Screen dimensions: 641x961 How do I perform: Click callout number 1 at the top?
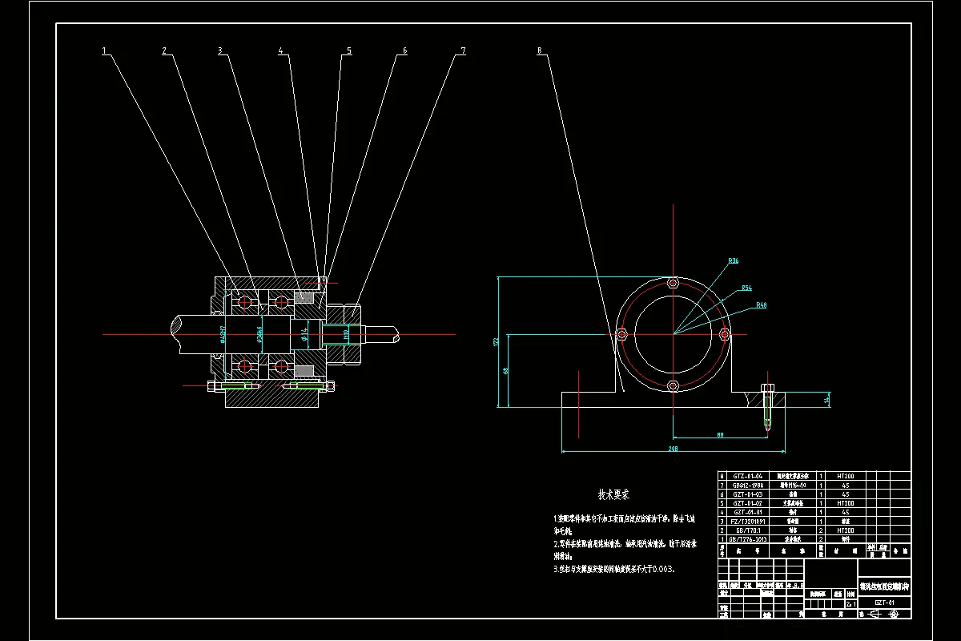tap(104, 50)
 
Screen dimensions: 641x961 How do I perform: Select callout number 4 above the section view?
tap(281, 50)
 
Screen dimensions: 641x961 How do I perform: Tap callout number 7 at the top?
tap(463, 50)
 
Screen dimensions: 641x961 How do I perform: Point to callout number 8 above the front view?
tap(540, 50)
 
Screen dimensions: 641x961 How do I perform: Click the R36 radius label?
tap(734, 261)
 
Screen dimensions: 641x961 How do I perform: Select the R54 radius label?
tap(746, 288)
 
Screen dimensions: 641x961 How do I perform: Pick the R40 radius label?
tap(762, 305)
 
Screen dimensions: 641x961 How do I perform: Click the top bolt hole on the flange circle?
tap(673, 283)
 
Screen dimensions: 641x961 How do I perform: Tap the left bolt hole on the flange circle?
tap(621, 334)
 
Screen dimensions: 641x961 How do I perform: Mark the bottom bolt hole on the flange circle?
tap(673, 386)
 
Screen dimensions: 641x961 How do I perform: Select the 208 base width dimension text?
tap(673, 450)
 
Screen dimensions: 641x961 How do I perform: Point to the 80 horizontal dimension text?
tap(720, 435)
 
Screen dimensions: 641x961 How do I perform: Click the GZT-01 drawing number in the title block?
tap(884, 603)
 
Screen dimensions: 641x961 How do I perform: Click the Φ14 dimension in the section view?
tap(304, 334)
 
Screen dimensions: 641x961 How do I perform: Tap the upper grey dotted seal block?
tap(304, 297)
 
